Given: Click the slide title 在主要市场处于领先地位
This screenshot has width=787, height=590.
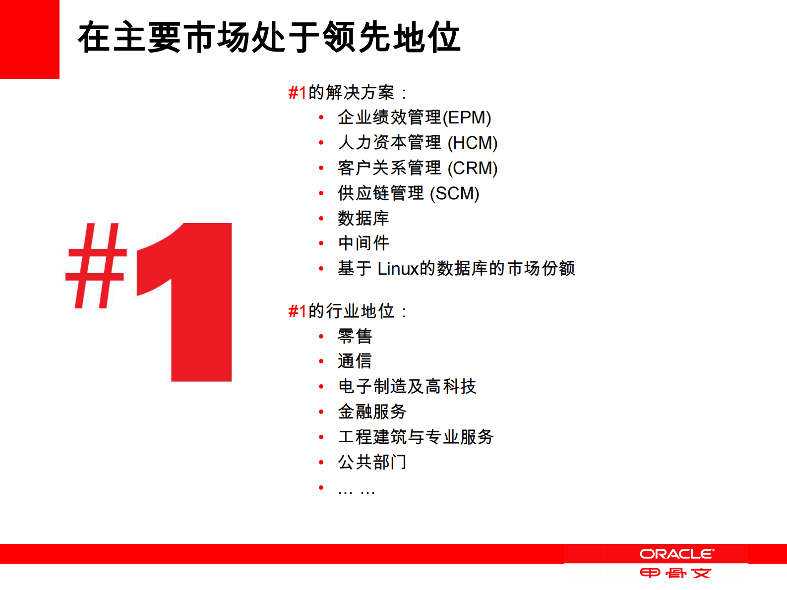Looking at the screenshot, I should (269, 38).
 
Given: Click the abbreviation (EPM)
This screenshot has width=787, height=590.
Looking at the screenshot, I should (467, 118).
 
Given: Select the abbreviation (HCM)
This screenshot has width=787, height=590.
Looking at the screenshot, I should (473, 143).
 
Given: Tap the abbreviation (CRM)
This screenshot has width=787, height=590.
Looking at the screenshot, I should (473, 169).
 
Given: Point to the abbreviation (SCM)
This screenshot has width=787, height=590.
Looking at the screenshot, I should (454, 194).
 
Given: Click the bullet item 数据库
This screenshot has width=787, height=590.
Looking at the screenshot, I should (363, 219).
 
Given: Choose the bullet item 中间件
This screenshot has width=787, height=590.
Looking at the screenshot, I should (363, 243).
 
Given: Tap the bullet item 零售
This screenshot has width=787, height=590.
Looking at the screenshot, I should (355, 337).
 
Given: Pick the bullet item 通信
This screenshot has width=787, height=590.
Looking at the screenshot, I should (355, 361).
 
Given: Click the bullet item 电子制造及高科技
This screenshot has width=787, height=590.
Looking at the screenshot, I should (407, 387).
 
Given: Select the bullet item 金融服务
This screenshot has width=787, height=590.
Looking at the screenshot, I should (372, 412).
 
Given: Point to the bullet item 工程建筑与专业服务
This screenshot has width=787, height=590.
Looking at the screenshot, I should (416, 437).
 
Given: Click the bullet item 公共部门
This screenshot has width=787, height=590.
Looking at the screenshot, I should (372, 463).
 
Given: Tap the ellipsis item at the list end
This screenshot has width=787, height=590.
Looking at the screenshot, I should (356, 491).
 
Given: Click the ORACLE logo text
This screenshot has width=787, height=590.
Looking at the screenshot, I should (676, 554).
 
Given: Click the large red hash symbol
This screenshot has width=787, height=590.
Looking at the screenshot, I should (96, 266).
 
